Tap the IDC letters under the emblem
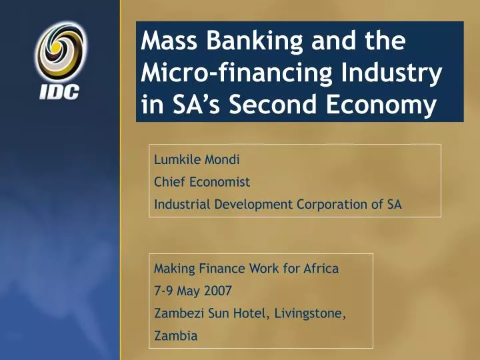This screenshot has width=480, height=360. click(59, 92)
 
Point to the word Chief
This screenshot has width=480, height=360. click(170, 182)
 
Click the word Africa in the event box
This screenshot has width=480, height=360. click(321, 269)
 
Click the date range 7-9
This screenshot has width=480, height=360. click(164, 291)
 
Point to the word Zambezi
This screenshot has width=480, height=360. click(176, 314)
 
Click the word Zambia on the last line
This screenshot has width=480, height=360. click(175, 337)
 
